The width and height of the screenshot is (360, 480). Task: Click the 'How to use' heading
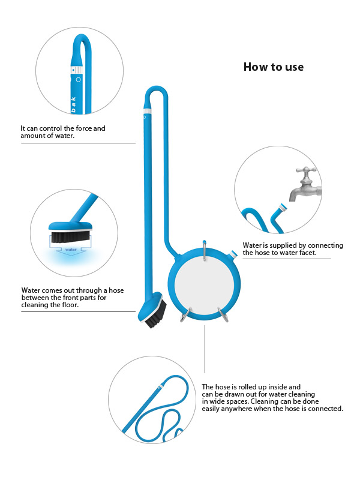(x=274, y=67)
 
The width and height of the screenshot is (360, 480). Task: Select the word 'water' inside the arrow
(x=71, y=250)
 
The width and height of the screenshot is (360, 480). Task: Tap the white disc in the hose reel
(x=204, y=284)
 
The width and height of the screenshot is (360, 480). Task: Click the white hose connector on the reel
(x=233, y=254)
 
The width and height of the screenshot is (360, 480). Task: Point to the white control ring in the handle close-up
(x=77, y=70)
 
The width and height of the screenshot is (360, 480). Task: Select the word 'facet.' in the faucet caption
(x=307, y=253)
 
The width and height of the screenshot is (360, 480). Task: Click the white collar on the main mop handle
(x=148, y=111)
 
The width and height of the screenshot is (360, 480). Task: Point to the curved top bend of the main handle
(x=156, y=88)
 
